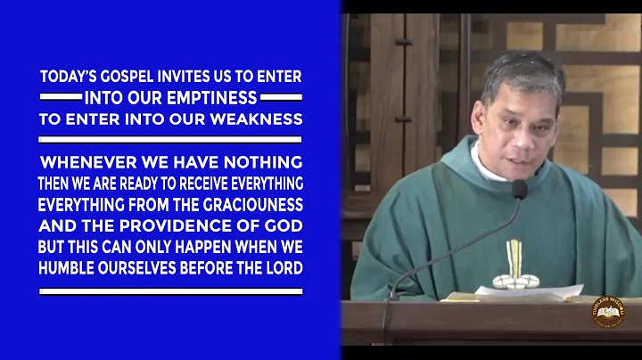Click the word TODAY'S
68,78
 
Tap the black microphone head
519,188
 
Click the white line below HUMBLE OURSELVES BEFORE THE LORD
170,291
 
